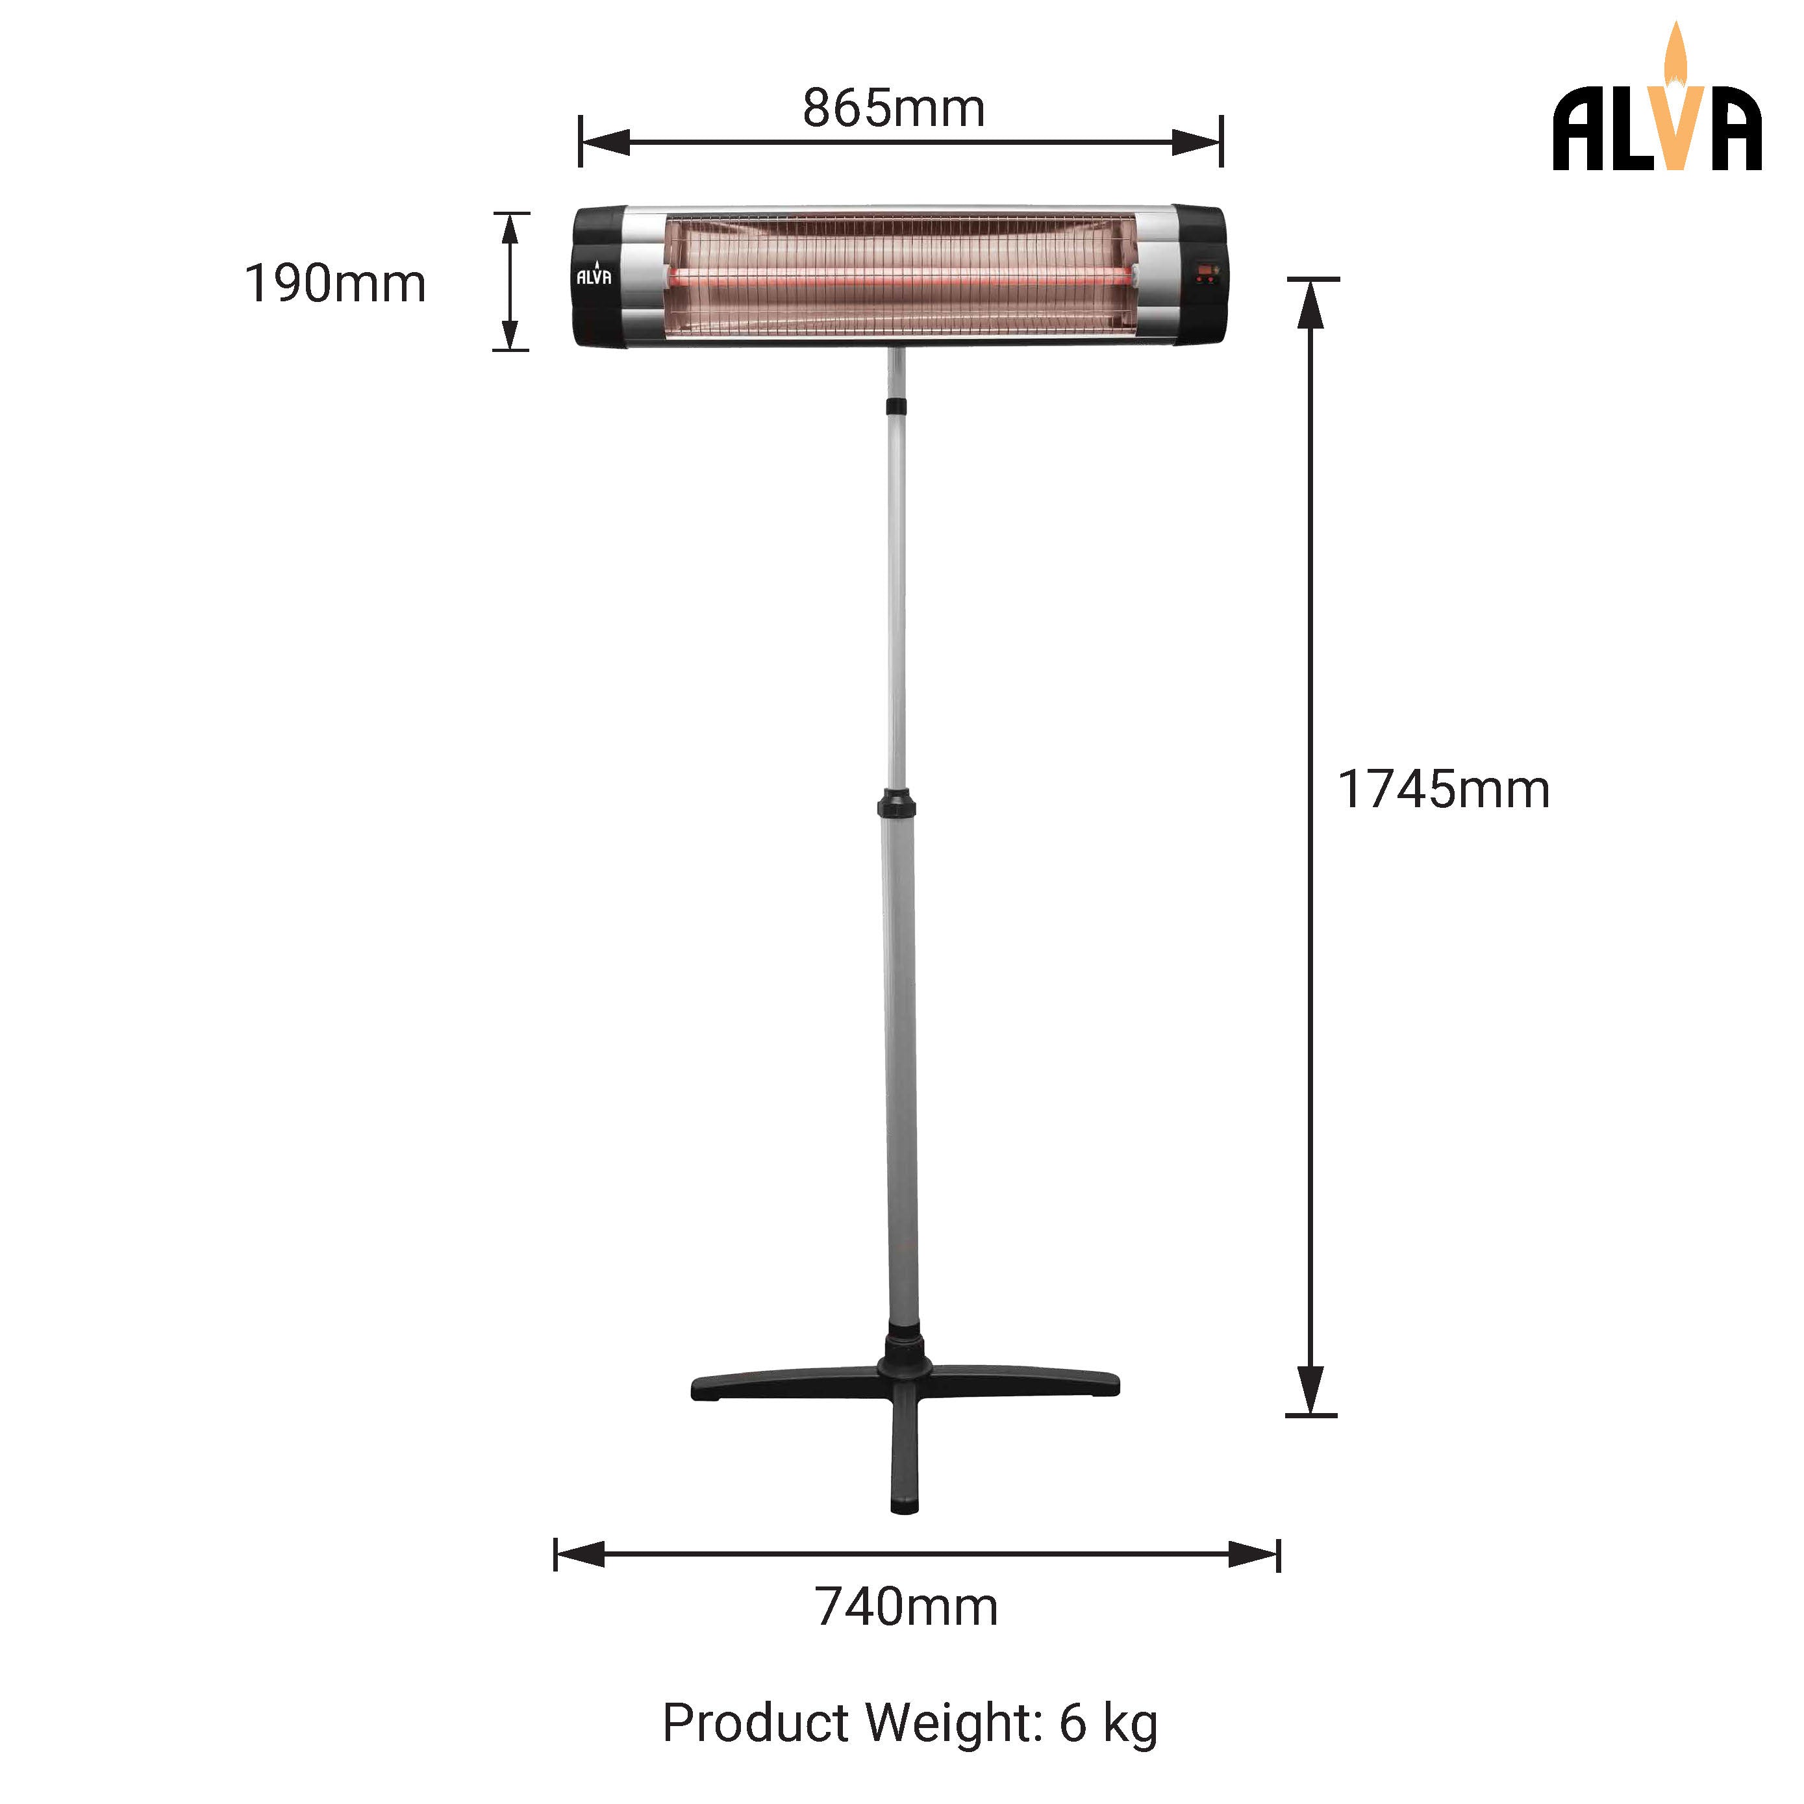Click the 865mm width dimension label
pyautogui.click(x=894, y=108)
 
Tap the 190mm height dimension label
pyautogui.click(x=334, y=284)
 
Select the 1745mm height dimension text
pyautogui.click(x=1444, y=790)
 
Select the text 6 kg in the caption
pyautogui.click(x=1109, y=1723)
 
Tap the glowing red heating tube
pyautogui.click(x=896, y=277)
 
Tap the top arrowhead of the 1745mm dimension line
pyautogui.click(x=1311, y=303)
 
